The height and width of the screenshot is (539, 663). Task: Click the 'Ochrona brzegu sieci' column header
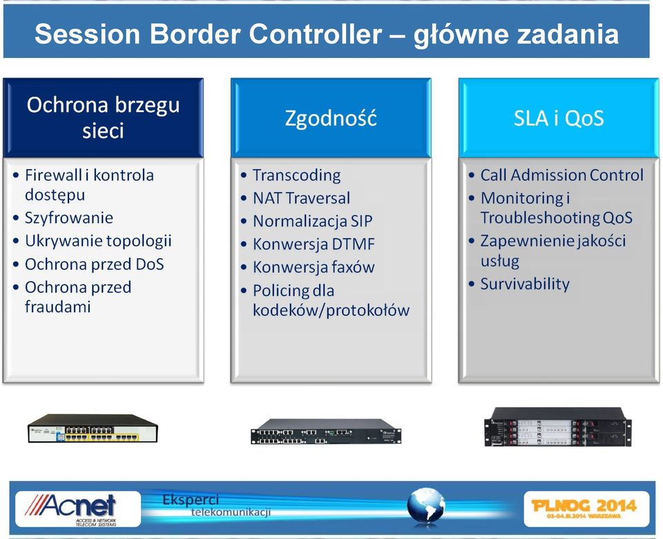[x=103, y=117]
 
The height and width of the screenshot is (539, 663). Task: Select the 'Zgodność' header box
[x=331, y=117]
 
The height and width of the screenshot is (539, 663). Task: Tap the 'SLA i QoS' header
[x=559, y=117]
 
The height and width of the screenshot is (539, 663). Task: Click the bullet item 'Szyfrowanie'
[x=69, y=218]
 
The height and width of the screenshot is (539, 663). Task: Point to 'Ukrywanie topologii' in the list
[x=98, y=240]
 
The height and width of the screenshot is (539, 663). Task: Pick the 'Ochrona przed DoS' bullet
[x=95, y=264]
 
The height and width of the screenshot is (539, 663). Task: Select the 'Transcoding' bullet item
[x=296, y=175]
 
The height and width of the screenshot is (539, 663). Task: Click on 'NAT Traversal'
[x=302, y=198]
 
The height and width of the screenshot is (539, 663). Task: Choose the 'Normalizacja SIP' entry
[x=312, y=221]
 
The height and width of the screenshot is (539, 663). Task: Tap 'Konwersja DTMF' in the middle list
[x=314, y=244]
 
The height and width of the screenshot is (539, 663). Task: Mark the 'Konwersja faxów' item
[x=314, y=267]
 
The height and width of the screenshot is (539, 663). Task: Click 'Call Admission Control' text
[x=562, y=175]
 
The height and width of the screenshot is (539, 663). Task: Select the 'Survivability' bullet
[x=525, y=284]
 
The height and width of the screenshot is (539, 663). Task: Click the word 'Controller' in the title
[x=316, y=34]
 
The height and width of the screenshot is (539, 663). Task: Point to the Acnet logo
[x=78, y=509]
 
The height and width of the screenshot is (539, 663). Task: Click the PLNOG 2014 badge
[x=586, y=509]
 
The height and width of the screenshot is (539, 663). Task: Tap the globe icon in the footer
[x=426, y=506]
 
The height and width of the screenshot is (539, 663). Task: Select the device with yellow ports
[x=93, y=428]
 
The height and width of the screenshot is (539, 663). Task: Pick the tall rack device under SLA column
[x=558, y=427]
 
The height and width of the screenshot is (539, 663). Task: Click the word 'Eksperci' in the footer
[x=191, y=500]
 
